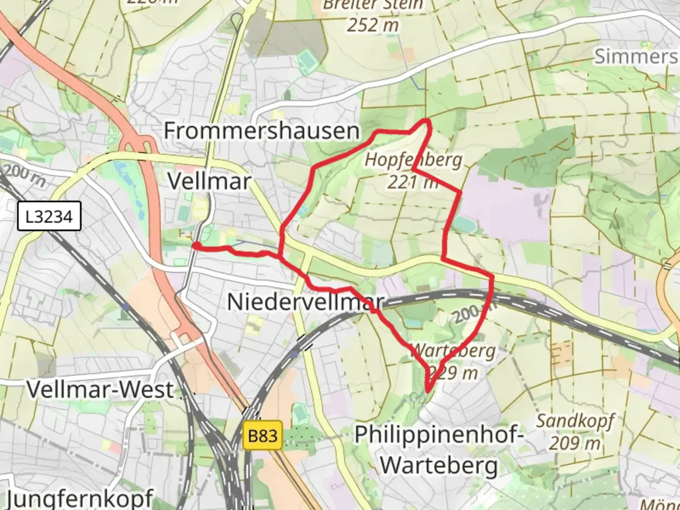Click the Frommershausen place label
pyautogui.click(x=261, y=131)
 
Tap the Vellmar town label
pyautogui.click(x=209, y=181)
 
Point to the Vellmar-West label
pyautogui.click(x=100, y=390)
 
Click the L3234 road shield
pyautogui.click(x=49, y=217)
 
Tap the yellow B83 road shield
pyautogui.click(x=263, y=435)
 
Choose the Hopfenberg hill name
pyautogui.click(x=413, y=160)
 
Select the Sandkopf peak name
pyautogui.click(x=575, y=420)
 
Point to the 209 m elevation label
pyautogui.click(x=575, y=443)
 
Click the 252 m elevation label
pyautogui.click(x=373, y=25)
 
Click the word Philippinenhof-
pyautogui.click(x=439, y=434)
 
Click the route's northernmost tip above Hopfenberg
pyautogui.click(x=427, y=121)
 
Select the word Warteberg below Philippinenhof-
pyautogui.click(x=439, y=465)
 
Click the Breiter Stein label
pyautogui.click(x=373, y=5)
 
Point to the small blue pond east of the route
pyautogui.click(x=467, y=225)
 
